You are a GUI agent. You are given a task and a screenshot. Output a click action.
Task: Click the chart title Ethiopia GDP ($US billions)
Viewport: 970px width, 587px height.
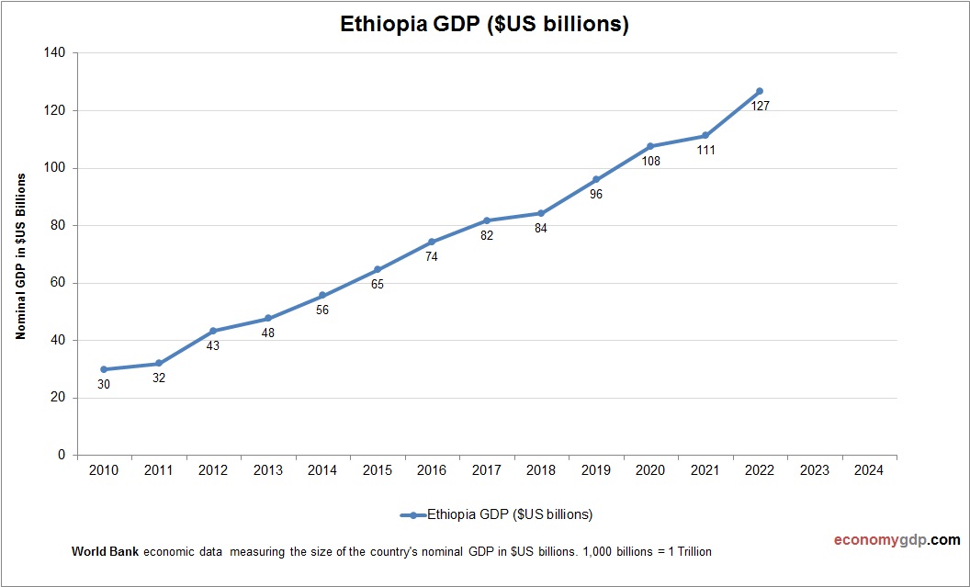(x=484, y=25)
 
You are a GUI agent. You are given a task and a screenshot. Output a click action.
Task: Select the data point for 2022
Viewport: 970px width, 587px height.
(x=760, y=91)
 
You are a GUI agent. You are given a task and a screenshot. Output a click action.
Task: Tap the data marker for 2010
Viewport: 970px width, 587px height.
(x=104, y=369)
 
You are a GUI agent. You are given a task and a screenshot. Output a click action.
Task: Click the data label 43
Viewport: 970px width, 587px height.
(x=213, y=346)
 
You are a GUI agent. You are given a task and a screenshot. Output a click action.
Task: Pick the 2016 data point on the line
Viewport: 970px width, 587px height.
(x=432, y=243)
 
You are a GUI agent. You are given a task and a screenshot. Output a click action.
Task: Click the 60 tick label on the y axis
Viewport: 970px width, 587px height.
(x=58, y=283)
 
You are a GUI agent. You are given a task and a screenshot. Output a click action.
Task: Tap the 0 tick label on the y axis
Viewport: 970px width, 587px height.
(x=62, y=455)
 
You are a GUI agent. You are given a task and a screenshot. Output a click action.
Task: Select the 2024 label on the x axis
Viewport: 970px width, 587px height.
(x=869, y=470)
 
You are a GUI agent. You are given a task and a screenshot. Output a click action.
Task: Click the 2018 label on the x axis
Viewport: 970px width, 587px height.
(x=541, y=470)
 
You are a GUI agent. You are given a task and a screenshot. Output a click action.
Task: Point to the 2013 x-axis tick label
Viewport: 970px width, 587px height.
(x=267, y=470)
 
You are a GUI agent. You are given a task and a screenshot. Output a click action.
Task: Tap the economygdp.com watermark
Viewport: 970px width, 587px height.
(x=884, y=540)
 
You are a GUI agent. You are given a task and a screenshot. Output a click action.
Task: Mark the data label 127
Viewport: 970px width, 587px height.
(x=760, y=107)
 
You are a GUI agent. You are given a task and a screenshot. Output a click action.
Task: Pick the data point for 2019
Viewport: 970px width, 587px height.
(x=596, y=179)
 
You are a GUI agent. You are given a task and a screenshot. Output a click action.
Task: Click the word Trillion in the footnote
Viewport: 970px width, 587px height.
(x=692, y=552)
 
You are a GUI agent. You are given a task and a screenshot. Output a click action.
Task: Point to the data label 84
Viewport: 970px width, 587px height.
(x=541, y=229)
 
